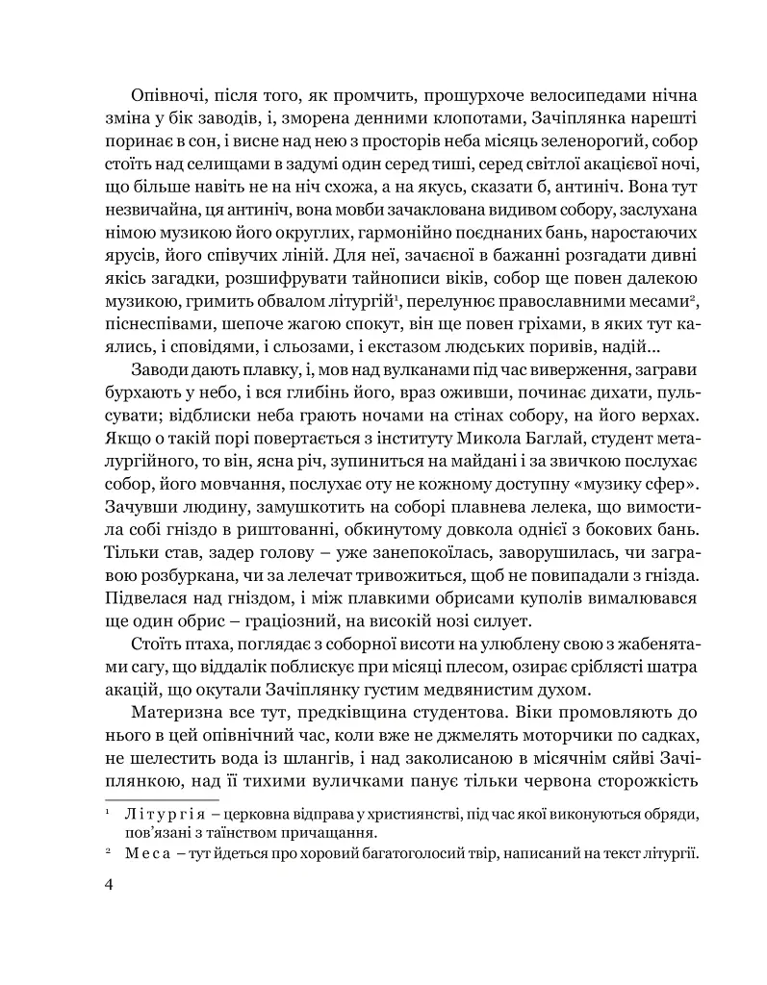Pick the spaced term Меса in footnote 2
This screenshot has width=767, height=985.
tap(145, 853)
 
